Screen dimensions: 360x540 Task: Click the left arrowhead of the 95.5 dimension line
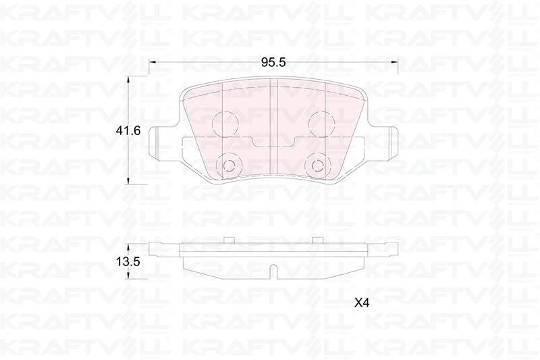[152, 62]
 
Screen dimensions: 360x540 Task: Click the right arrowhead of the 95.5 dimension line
[395, 62]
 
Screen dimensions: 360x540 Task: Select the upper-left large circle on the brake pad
[225, 122]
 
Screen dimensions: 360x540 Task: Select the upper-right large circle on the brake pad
[321, 122]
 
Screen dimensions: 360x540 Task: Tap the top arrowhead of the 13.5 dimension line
[130, 244]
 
